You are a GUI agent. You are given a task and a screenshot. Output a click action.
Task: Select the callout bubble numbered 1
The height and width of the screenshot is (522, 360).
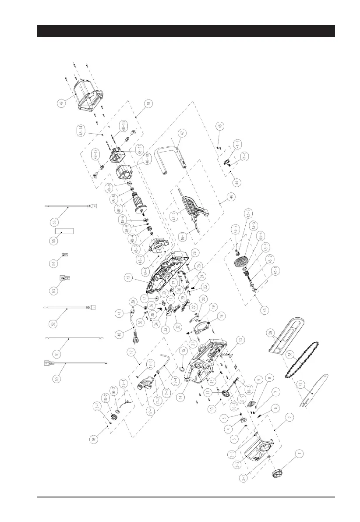click(300, 455)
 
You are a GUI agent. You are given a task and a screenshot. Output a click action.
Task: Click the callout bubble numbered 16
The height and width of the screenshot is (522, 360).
click(95, 439)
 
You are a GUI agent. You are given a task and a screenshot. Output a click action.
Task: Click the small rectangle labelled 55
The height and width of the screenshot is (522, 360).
click(64, 231)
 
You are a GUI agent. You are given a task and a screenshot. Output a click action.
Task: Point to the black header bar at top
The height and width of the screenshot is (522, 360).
click(186, 31)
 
